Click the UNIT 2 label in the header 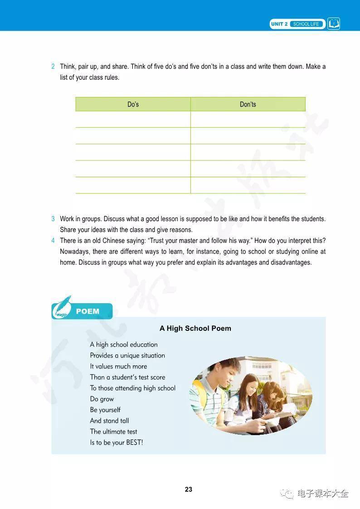(x=279, y=24)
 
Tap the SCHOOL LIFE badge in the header (x=306, y=24)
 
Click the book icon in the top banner (x=334, y=24)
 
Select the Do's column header (x=133, y=104)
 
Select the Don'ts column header (x=248, y=104)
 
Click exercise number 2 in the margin (x=53, y=67)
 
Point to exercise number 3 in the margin (x=53, y=219)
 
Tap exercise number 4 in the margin (x=53, y=241)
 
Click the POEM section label (x=88, y=311)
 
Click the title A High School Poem (x=195, y=328)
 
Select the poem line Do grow (x=102, y=399)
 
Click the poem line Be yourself (x=105, y=410)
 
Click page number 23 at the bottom (x=189, y=490)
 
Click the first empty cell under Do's (x=133, y=120)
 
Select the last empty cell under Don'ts (x=248, y=185)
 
